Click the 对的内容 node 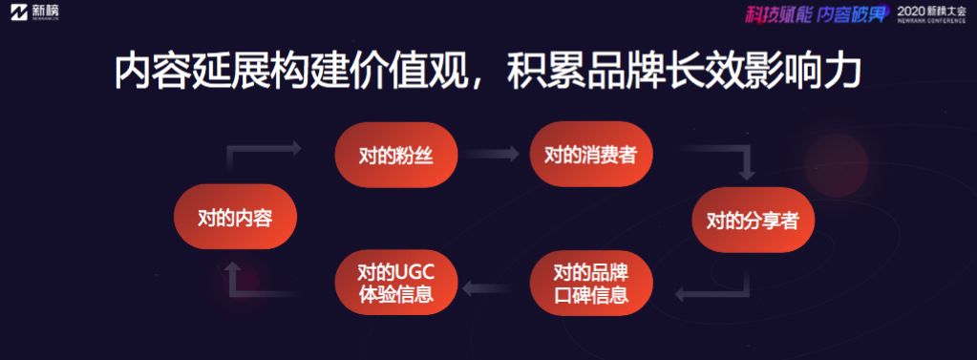pos(235,217)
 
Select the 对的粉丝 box pos(396,155)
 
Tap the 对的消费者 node pos(590,154)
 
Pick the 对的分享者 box pos(753,220)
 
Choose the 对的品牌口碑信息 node pos(590,283)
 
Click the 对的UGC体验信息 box pos(396,283)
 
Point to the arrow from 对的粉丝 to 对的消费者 pos(492,154)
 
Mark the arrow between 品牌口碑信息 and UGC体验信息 pos(487,287)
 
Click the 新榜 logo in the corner pos(35,11)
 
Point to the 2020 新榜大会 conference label pos(931,13)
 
